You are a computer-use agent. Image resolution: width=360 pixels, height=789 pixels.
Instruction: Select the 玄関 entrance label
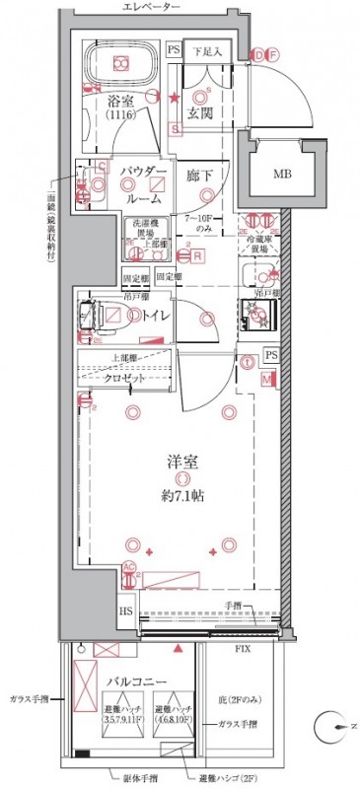pyautogui.click(x=202, y=112)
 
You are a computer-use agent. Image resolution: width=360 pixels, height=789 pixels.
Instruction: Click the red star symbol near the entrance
pyautogui.click(x=175, y=97)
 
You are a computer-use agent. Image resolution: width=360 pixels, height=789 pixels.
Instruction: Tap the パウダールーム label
pyautogui.click(x=142, y=184)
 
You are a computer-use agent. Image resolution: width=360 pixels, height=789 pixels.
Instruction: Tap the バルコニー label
pyautogui.click(x=128, y=681)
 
